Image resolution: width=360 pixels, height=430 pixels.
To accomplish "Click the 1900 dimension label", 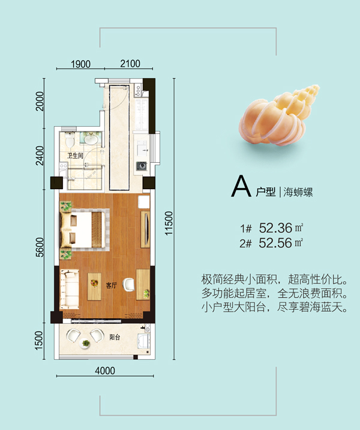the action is [80, 64].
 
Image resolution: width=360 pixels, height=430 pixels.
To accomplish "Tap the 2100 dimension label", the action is [130, 64].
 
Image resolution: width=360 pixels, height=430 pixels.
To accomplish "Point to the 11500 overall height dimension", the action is [169, 223].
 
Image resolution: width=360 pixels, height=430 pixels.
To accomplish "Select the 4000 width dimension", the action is [105, 371].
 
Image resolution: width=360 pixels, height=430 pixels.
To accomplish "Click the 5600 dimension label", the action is [40, 247].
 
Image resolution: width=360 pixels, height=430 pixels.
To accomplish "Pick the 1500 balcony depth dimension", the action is [39, 341].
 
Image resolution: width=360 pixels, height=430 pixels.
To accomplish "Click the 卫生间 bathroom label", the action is [75, 156].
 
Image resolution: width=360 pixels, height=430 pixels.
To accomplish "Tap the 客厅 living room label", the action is [111, 285].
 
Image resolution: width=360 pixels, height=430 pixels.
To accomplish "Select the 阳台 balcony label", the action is [115, 337].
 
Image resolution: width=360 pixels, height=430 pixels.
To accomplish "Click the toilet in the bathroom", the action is [70, 140].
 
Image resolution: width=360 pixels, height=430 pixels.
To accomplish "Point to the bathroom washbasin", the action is [91, 139].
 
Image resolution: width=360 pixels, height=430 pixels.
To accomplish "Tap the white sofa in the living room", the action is [70, 289].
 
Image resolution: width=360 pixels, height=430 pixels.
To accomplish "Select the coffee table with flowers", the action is [94, 286].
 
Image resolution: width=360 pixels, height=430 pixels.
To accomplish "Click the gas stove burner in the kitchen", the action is [142, 166].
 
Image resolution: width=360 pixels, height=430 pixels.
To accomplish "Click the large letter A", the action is [241, 186].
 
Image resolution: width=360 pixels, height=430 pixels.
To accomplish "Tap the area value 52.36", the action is [275, 228].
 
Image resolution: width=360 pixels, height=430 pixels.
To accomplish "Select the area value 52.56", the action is [275, 243].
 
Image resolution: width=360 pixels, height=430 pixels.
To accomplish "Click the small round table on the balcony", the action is [85, 344].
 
